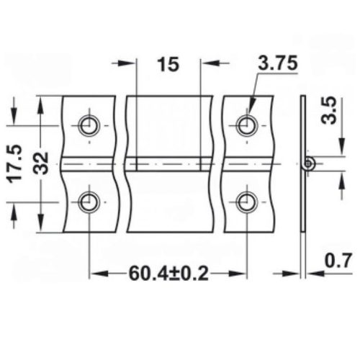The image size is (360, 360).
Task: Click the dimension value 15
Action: [x=168, y=65]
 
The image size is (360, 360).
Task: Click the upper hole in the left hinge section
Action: [x=89, y=125]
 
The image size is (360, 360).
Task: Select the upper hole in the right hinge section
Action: [x=246, y=125]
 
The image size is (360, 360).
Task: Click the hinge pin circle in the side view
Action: [x=308, y=164]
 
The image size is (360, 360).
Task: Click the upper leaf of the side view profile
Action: [x=302, y=126]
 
